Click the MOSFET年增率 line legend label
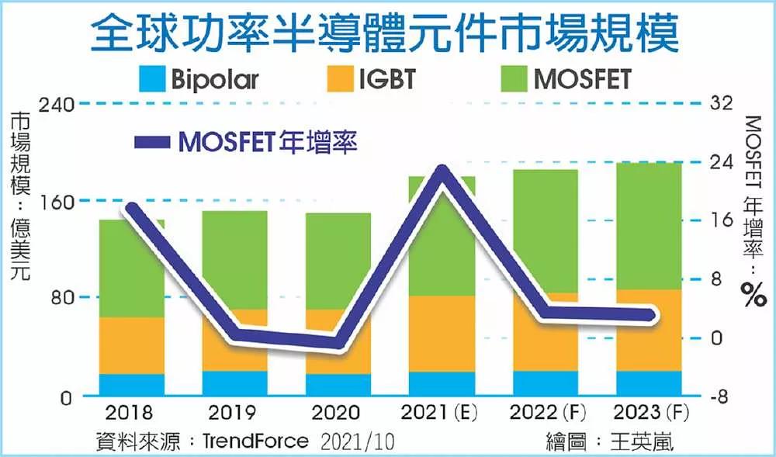(x=268, y=142)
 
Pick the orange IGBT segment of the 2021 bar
(x=442, y=334)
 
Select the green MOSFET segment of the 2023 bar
(x=649, y=225)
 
